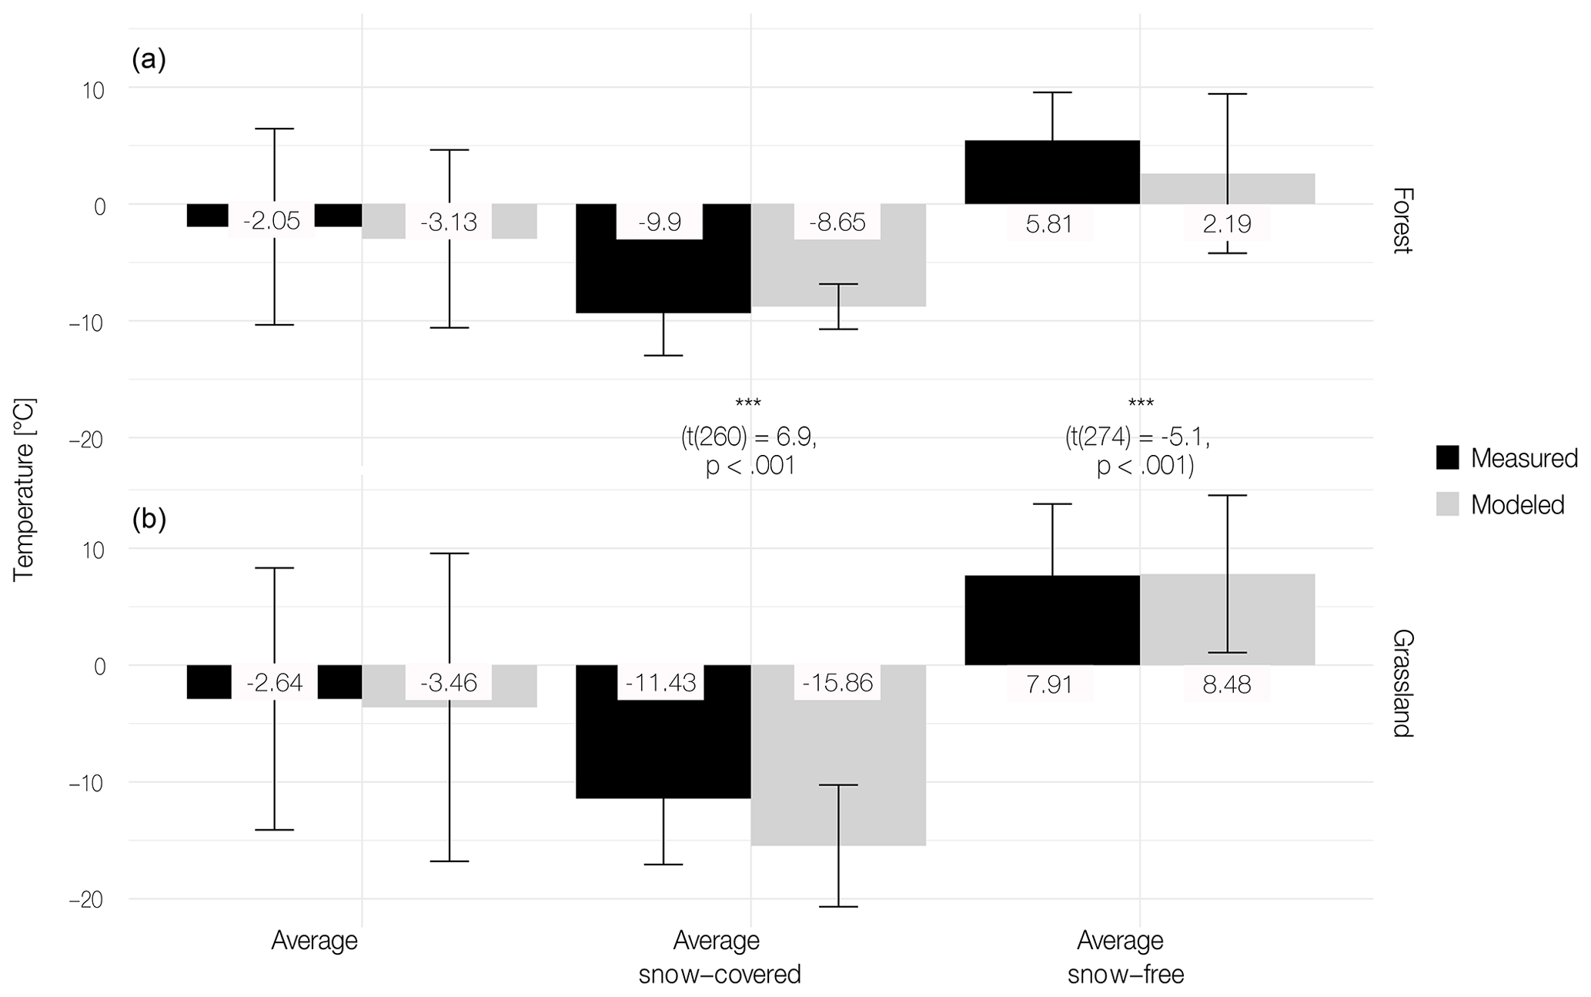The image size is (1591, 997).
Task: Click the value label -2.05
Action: tap(272, 222)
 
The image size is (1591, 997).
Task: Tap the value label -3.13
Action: tap(449, 222)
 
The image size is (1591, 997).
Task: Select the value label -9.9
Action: tap(660, 222)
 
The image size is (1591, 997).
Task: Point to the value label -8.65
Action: tap(837, 222)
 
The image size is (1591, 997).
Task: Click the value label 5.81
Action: tap(1050, 224)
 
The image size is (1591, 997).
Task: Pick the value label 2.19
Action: tap(1227, 224)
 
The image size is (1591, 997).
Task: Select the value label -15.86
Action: tap(837, 683)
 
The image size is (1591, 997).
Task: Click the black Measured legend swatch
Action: tap(1448, 458)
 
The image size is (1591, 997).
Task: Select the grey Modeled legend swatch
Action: tap(1448, 504)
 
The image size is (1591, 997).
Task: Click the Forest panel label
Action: tap(1402, 220)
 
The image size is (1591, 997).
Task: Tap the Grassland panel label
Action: tap(1402, 684)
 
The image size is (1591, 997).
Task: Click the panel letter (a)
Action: tap(149, 59)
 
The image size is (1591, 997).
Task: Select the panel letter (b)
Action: tap(149, 520)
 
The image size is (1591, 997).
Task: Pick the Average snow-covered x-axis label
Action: tap(719, 957)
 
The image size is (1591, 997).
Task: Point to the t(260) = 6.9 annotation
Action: tap(749, 437)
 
